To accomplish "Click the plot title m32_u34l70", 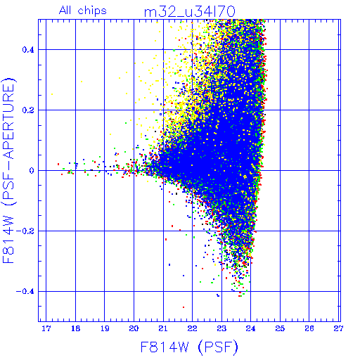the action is [190, 12].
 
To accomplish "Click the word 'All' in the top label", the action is [65, 11].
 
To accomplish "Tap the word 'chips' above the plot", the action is [92, 11].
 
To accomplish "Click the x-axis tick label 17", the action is [46, 328].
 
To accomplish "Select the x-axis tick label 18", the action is [75, 328].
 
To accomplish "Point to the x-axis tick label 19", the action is [105, 328].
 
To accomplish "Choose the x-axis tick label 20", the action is [134, 328].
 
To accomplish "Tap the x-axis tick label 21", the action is [163, 328].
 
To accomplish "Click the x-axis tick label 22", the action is [192, 328].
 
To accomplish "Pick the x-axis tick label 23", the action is [221, 328].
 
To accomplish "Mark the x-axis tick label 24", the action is [251, 328].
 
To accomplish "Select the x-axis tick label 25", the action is [280, 328].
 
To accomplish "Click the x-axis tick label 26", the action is [309, 328].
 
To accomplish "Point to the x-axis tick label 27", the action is [338, 328].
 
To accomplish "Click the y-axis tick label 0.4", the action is [28, 50].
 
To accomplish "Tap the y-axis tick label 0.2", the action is [28, 110].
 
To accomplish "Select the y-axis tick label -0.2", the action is [25, 231].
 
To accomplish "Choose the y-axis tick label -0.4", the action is [25, 292].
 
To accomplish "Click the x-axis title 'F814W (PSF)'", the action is [189, 347].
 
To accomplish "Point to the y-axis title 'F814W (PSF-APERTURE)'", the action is [9, 170].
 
